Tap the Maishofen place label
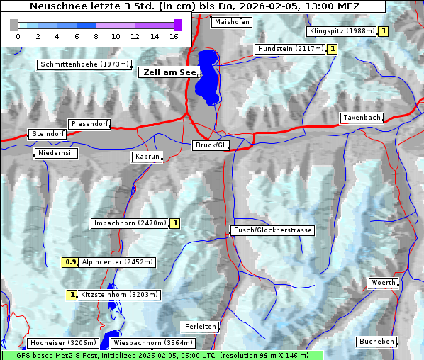pyautogui.click(x=231, y=22)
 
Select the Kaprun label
pyautogui.click(x=147, y=157)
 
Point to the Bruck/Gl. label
pyautogui.click(x=211, y=145)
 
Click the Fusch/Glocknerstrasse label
pyautogui.click(x=272, y=230)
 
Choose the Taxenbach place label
pyautogui.click(x=362, y=118)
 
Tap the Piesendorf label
pyautogui.click(x=89, y=124)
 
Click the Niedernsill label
pyautogui.click(x=56, y=153)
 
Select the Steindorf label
pyautogui.click(x=48, y=134)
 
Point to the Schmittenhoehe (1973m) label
pyautogui.click(x=85, y=64)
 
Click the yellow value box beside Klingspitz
pyautogui.click(x=383, y=31)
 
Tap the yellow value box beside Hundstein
pyautogui.click(x=332, y=49)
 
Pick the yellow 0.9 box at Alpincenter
pyautogui.click(x=70, y=262)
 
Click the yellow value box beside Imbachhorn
pyautogui.click(x=174, y=223)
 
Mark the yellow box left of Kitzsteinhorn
pyautogui.click(x=72, y=295)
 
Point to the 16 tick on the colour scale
pyautogui.click(x=174, y=36)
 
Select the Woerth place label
pyautogui.click(x=384, y=283)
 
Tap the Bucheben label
pyautogui.click(x=376, y=342)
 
